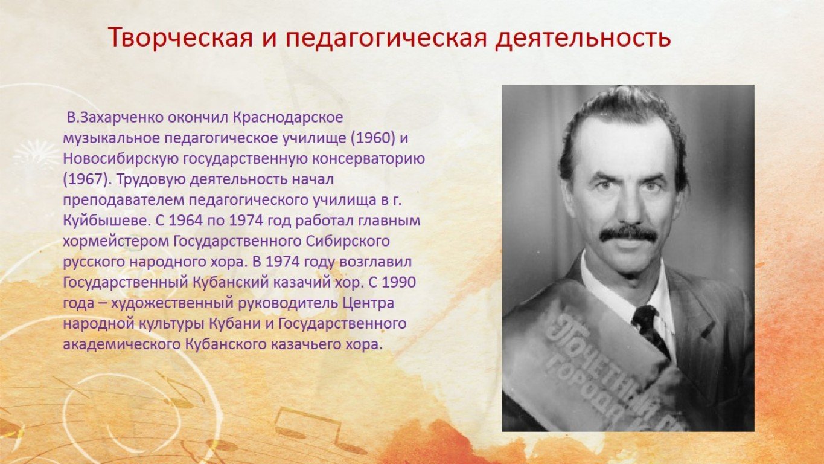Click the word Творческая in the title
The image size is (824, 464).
coord(181,37)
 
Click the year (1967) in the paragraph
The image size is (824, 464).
coord(88,180)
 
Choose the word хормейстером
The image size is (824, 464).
coord(115,242)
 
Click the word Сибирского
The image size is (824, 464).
coord(347,242)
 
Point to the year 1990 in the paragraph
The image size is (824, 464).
coord(399,283)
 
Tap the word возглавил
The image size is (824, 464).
coord(375,263)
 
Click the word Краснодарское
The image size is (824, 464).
coord(288,118)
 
